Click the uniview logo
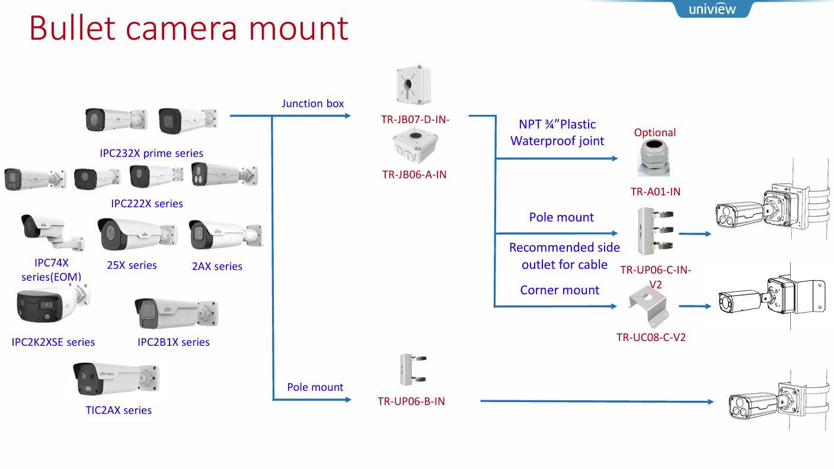pyautogui.click(x=712, y=9)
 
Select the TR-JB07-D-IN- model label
pyautogui.click(x=416, y=119)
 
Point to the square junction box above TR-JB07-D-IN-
pyautogui.click(x=413, y=85)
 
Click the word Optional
pyautogui.click(x=654, y=133)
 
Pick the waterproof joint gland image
pyautogui.click(x=654, y=158)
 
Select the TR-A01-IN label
pyautogui.click(x=655, y=191)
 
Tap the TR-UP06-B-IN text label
pyautogui.click(x=411, y=401)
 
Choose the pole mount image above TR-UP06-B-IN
pyautogui.click(x=414, y=370)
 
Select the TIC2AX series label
pyautogui.click(x=119, y=410)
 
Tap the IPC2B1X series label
pyautogui.click(x=173, y=342)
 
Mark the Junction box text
pyautogui.click(x=312, y=104)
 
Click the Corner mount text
pyautogui.click(x=560, y=290)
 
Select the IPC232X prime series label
pyautogui.click(x=152, y=153)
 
